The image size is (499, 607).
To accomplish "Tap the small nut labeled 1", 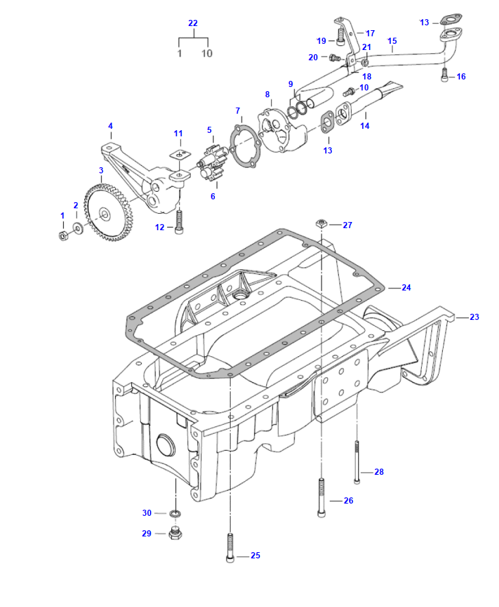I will coord(62,236).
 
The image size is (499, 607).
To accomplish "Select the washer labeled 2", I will coord(77,227).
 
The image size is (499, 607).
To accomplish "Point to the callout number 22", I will coord(192,23).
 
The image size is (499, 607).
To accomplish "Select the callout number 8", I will coord(267,94).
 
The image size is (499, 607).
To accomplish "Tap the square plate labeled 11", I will coord(179,154).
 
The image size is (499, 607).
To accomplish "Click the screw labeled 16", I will coord(444,75).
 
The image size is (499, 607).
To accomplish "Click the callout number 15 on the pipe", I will coord(392,41).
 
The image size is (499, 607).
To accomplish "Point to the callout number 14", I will coord(364,126).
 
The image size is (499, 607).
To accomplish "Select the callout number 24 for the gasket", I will coord(406,288).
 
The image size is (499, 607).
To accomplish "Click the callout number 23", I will coord(474,317).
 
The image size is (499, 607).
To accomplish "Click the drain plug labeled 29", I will coord(175,533).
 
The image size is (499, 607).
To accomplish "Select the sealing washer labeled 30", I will coord(175,513).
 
